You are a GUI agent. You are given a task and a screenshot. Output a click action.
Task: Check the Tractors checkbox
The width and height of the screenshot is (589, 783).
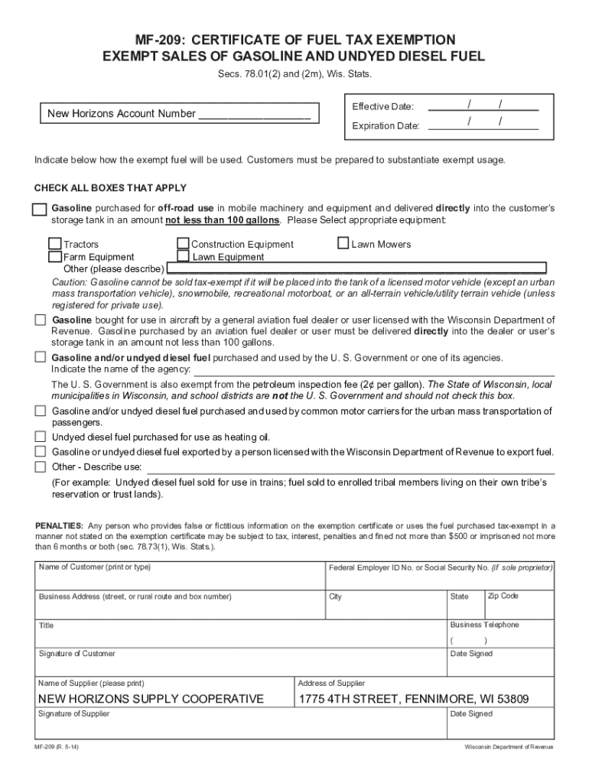[55, 244]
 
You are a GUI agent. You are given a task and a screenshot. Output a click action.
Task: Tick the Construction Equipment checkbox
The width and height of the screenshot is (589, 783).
[184, 244]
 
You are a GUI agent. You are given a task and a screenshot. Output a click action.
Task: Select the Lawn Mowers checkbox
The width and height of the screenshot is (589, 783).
[343, 244]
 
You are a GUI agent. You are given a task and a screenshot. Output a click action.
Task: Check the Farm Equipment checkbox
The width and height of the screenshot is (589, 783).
[55, 257]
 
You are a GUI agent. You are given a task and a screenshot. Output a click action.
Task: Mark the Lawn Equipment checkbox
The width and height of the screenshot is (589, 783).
[184, 257]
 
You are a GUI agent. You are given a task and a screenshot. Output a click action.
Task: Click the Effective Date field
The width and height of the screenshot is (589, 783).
[483, 106]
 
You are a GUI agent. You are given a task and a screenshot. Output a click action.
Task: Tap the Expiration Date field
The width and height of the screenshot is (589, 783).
[483, 125]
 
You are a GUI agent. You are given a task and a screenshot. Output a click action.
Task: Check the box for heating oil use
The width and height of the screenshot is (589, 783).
[41, 437]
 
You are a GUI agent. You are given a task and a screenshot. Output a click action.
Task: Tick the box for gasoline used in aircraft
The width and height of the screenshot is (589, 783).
[41, 320]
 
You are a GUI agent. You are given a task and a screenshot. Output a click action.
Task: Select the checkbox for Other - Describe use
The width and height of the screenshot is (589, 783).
[41, 466]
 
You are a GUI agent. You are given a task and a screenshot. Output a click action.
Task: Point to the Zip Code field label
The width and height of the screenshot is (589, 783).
[503, 596]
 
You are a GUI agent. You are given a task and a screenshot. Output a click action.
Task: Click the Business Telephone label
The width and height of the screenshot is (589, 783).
[484, 625]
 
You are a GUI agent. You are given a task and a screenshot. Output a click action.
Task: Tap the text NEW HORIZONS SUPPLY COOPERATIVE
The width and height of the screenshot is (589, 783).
[151, 699]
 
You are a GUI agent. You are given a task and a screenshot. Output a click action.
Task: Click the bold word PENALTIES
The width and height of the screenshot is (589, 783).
[60, 526]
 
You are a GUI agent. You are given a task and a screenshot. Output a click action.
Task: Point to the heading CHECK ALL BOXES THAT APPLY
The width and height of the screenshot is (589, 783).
[110, 188]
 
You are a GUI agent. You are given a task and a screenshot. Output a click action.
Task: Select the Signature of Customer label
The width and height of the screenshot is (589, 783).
[76, 654]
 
